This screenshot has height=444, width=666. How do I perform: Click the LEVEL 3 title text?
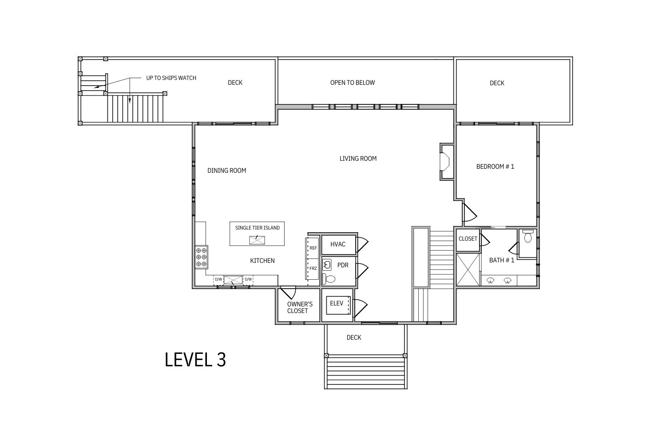195,359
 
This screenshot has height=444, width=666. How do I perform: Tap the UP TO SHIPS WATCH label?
171,78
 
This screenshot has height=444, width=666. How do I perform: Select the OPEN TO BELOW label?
353,83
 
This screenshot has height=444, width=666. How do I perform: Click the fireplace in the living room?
447,162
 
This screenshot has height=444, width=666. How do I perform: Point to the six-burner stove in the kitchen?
201,257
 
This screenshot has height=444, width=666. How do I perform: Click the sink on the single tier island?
257,240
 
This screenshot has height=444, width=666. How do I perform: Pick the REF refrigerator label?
313,248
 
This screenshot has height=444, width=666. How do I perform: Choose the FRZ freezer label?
313,268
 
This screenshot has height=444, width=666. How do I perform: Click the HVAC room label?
338,244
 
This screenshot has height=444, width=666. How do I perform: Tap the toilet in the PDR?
329,279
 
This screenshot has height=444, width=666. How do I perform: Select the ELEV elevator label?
337,303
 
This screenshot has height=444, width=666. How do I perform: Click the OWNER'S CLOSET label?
300,308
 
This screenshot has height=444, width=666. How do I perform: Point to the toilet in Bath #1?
528,236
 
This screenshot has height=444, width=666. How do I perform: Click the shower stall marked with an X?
468,270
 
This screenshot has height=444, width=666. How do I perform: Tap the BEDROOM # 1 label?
495,166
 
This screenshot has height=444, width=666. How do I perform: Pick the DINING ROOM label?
226,170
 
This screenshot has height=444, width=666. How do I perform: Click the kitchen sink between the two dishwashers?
233,280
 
